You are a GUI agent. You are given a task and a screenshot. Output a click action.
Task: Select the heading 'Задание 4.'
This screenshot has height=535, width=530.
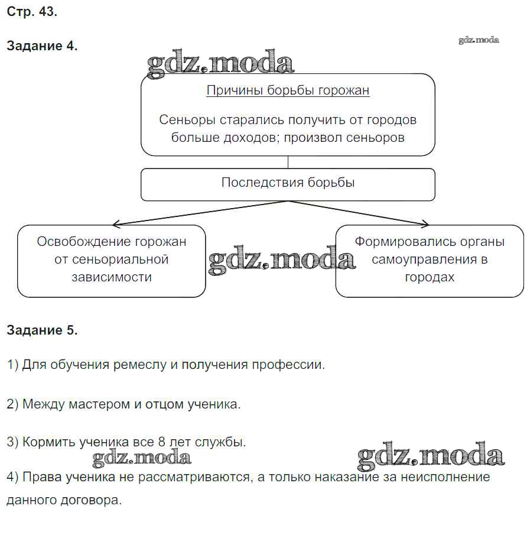[x=42, y=46]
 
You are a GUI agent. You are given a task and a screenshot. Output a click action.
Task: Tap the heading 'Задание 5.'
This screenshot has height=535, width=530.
[x=42, y=330]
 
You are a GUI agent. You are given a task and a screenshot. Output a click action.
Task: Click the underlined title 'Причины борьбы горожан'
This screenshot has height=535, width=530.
[x=288, y=90]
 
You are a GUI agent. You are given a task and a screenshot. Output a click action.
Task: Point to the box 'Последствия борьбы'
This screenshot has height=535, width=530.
[x=288, y=183]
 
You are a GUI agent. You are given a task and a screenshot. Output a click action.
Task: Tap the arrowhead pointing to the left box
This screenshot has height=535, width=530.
[x=116, y=224]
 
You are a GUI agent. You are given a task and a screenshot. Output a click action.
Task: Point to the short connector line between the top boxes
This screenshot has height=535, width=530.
[x=288, y=162]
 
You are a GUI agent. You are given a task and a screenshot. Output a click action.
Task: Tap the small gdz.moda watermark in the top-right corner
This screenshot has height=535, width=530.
[x=479, y=40]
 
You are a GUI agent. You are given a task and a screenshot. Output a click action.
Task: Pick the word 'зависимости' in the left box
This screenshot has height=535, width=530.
[x=111, y=277]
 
